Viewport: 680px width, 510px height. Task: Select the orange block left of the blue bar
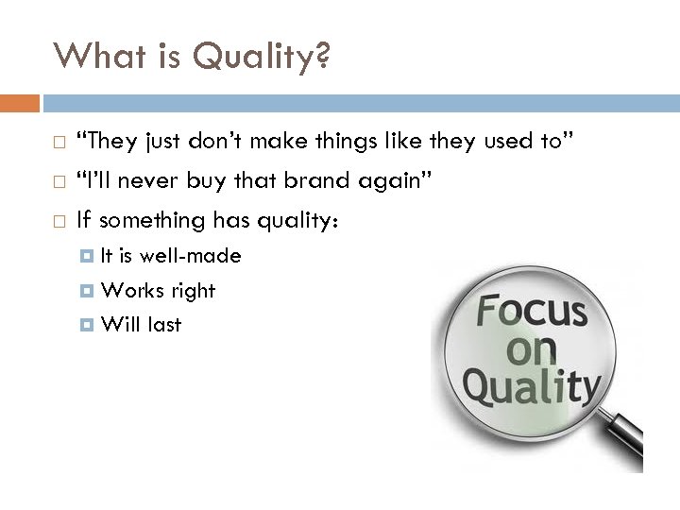click(x=19, y=102)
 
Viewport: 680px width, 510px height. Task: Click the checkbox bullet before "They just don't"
click(x=59, y=144)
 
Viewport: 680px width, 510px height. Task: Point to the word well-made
click(x=195, y=255)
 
